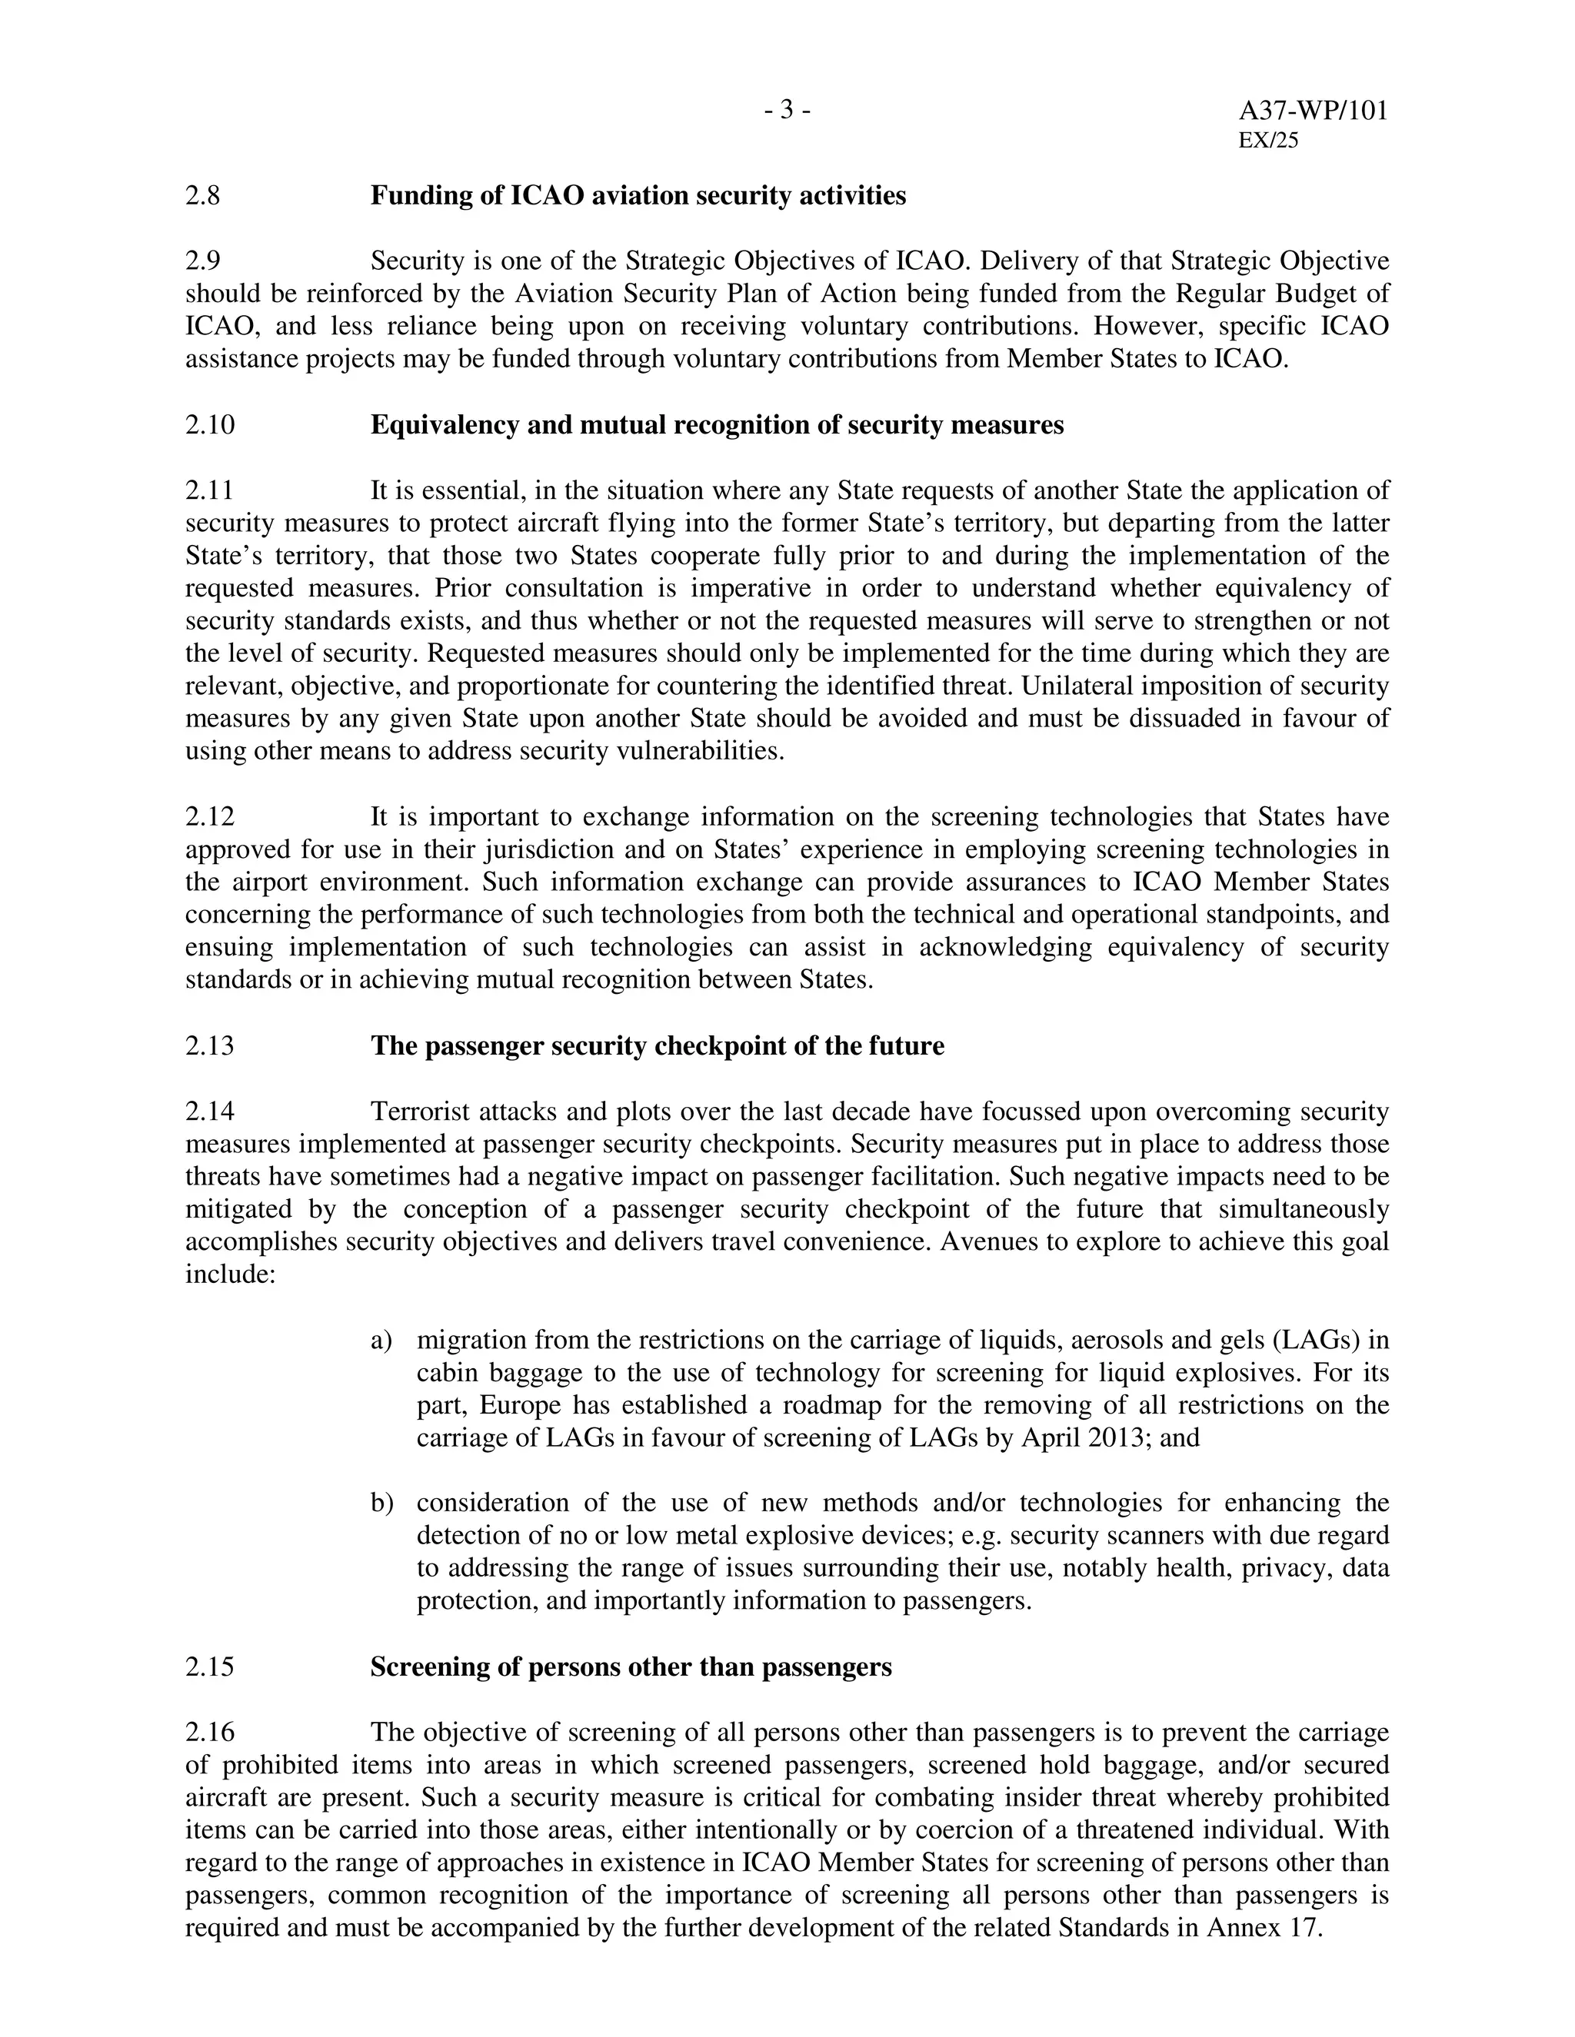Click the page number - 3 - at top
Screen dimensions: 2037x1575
(x=787, y=111)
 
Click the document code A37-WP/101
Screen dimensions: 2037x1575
(x=1313, y=111)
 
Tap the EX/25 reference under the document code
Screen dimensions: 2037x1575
(x=1268, y=141)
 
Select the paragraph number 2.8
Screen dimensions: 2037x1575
(x=202, y=196)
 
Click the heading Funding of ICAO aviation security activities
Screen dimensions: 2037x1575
(x=638, y=196)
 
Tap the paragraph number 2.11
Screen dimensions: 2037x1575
(x=209, y=490)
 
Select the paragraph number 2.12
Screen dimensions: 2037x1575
(x=210, y=817)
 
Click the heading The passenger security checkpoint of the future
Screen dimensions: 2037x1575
(x=657, y=1045)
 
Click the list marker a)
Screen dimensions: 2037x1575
(x=381, y=1341)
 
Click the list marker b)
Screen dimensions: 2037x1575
(x=381, y=1504)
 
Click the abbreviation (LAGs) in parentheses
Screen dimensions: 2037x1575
(x=1314, y=1341)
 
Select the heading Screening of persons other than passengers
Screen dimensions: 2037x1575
(x=631, y=1666)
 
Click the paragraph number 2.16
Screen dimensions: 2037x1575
(x=210, y=1732)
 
